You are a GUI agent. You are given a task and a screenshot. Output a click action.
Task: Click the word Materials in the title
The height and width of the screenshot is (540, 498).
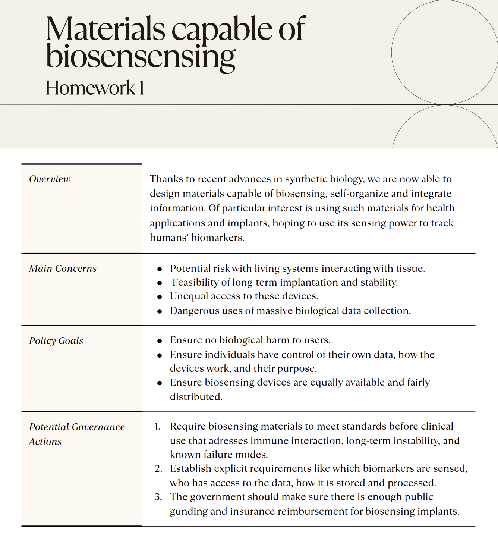(105, 29)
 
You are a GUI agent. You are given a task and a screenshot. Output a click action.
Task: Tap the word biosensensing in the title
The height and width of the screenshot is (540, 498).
(141, 57)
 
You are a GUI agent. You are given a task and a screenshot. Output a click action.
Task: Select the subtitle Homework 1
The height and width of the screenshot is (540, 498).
(95, 88)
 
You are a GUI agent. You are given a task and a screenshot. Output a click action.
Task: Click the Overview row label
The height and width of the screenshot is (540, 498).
(50, 179)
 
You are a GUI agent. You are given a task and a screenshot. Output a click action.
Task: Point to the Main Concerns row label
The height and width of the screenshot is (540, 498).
(63, 269)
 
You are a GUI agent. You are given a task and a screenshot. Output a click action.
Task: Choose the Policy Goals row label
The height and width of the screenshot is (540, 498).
(56, 341)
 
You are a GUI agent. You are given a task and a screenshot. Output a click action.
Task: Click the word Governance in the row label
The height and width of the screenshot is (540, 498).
(98, 427)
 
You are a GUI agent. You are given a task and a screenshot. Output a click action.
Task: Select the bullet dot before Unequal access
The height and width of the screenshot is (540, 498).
(160, 297)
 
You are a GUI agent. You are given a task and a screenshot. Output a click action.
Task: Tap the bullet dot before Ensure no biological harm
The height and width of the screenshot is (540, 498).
(160, 340)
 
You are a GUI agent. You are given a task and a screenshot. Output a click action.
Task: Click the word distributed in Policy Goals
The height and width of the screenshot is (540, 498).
(196, 396)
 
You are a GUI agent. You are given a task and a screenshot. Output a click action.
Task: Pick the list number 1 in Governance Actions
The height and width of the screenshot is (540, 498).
(157, 426)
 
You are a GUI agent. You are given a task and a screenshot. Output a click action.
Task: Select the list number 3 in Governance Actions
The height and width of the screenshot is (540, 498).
(158, 497)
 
